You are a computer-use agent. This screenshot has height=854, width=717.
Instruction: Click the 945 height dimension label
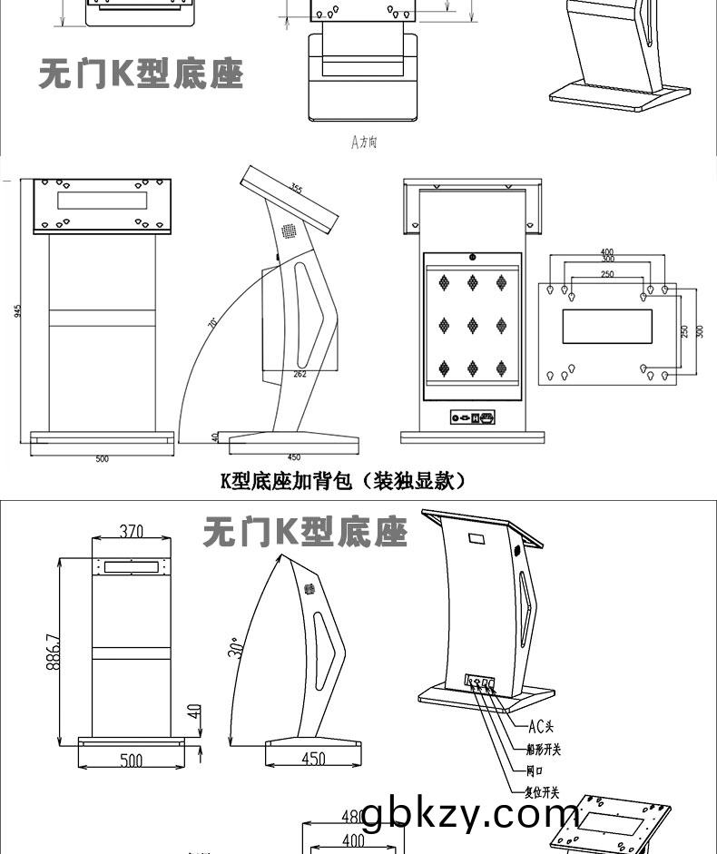pos(18,310)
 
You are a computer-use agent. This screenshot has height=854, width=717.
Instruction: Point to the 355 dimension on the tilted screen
pos(297,189)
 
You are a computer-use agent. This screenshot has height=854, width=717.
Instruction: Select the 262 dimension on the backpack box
pos(299,373)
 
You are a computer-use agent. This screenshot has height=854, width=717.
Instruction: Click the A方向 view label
pos(364,142)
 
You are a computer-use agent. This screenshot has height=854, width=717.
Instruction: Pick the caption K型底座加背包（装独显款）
pos(344,480)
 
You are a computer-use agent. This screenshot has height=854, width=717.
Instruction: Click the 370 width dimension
pos(132,530)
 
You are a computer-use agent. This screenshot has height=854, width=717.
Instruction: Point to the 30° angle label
pos(234,649)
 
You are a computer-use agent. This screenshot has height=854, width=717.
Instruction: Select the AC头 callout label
pos(541,724)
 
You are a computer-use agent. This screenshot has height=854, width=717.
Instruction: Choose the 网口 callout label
pos(535,771)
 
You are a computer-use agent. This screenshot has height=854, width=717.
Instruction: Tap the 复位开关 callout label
pos(542,792)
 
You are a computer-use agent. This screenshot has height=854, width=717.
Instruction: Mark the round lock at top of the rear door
pos(472,257)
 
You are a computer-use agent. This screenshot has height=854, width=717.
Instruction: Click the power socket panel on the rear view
pos(473,417)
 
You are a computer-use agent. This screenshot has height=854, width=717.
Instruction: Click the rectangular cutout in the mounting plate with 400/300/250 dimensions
pos(606,326)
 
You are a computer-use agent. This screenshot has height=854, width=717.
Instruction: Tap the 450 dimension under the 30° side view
pos(312,760)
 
